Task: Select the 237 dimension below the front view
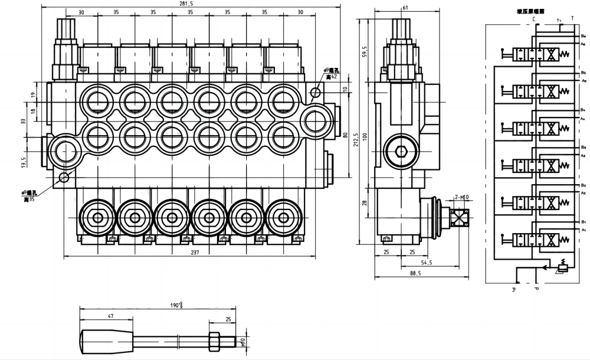point(195,253)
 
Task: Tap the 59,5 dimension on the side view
point(366,51)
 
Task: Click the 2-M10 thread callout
point(461,197)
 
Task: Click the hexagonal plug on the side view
point(402,152)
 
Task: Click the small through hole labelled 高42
point(316,92)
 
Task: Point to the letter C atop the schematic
point(534,19)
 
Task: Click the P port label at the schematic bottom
point(537,289)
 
